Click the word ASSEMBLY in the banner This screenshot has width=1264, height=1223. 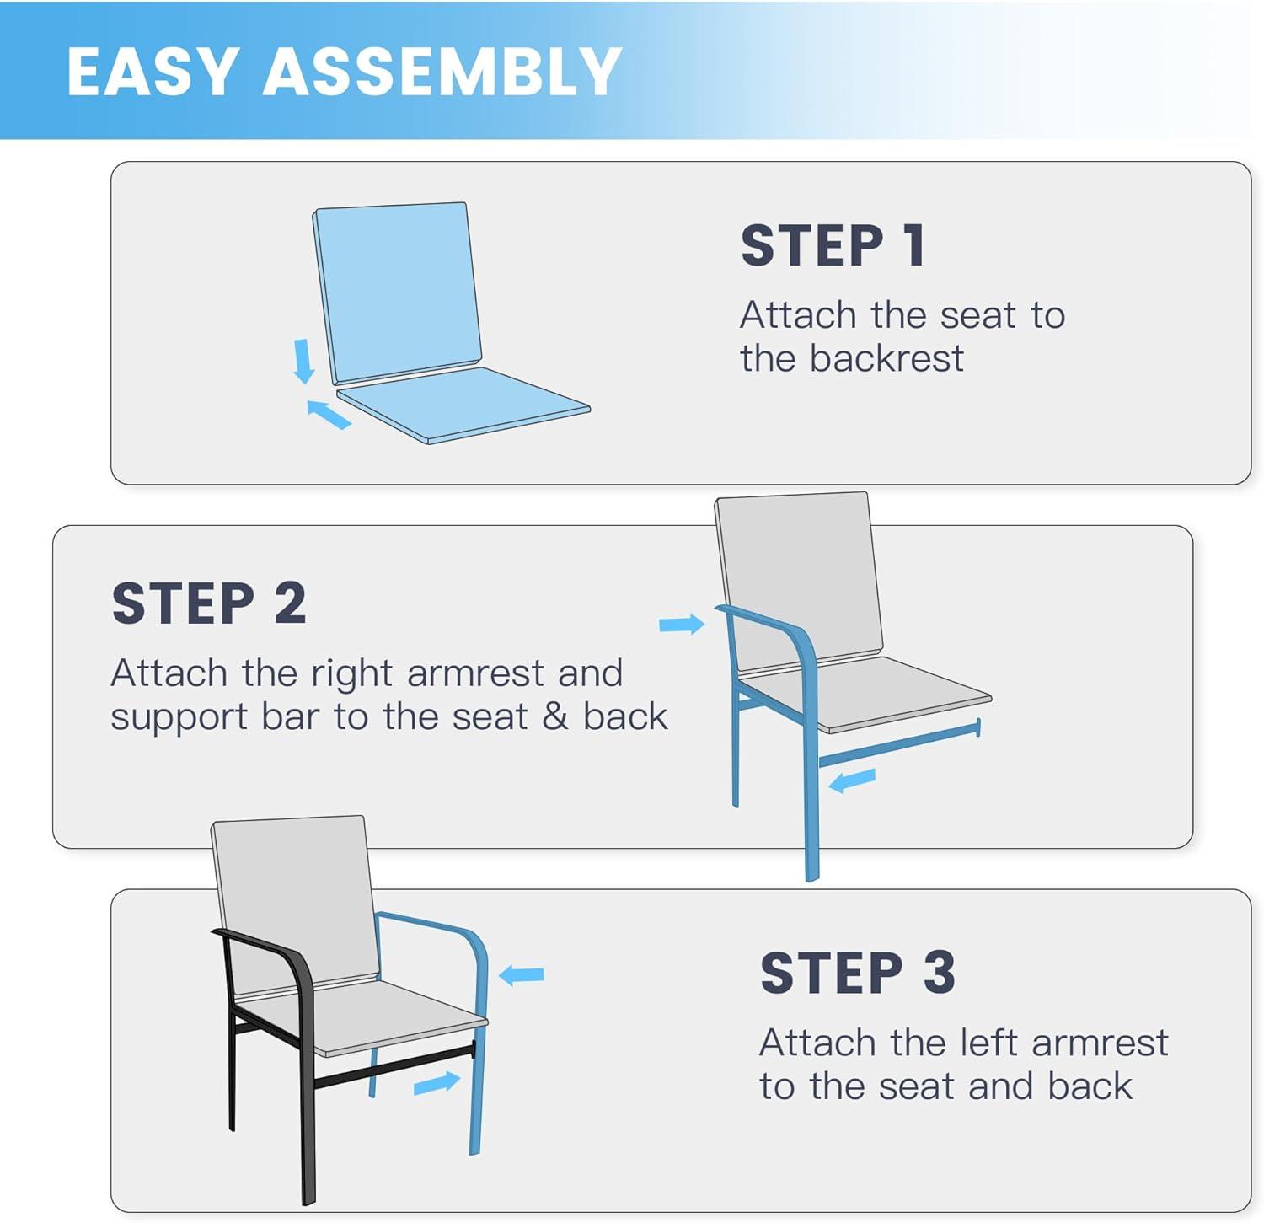pyautogui.click(x=442, y=72)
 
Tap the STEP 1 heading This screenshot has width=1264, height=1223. pyautogui.click(x=833, y=245)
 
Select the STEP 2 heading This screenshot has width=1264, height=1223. pyautogui.click(x=209, y=603)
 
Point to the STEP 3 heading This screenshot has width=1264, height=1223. pyautogui.click(x=858, y=973)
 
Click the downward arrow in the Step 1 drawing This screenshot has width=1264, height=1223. pyautogui.click(x=303, y=361)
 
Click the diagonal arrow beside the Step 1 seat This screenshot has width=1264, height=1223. pyautogui.click(x=328, y=414)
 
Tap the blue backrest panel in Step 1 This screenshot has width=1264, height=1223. pyautogui.click(x=396, y=292)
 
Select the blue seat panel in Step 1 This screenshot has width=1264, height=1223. pyautogui.click(x=463, y=403)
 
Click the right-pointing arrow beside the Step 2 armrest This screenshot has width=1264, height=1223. pyautogui.click(x=682, y=624)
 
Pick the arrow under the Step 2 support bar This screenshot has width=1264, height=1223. pyautogui.click(x=852, y=780)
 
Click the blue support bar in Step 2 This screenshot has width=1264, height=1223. pyautogui.click(x=899, y=743)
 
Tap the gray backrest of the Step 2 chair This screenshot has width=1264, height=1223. pyautogui.click(x=798, y=582)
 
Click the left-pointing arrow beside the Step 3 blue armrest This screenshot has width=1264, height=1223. pyautogui.click(x=522, y=975)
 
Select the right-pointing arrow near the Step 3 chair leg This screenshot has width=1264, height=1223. pyautogui.click(x=437, y=1083)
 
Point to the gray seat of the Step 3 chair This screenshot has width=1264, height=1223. pyautogui.click(x=362, y=1017)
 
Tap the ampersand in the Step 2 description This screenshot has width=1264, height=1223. pyautogui.click(x=555, y=716)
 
